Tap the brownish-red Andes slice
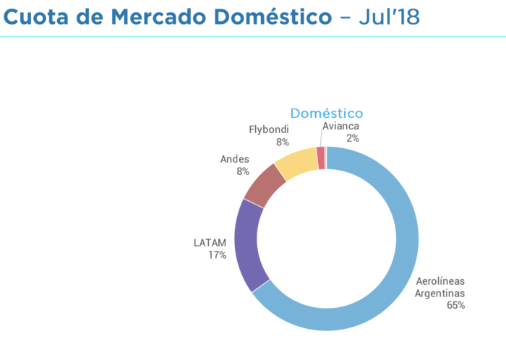(265, 184)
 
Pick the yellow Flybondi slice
(297, 163)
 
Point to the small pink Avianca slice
(321, 158)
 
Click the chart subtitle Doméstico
(327, 113)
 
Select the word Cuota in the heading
(42, 16)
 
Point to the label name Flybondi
(269, 129)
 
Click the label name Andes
(234, 159)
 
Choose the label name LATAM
(210, 242)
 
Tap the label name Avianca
(341, 126)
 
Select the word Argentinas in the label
(439, 293)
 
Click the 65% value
(455, 305)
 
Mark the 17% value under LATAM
(218, 254)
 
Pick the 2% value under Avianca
(353, 138)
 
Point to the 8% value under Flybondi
(283, 142)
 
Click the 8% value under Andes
(242, 171)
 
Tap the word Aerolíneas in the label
(440, 280)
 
